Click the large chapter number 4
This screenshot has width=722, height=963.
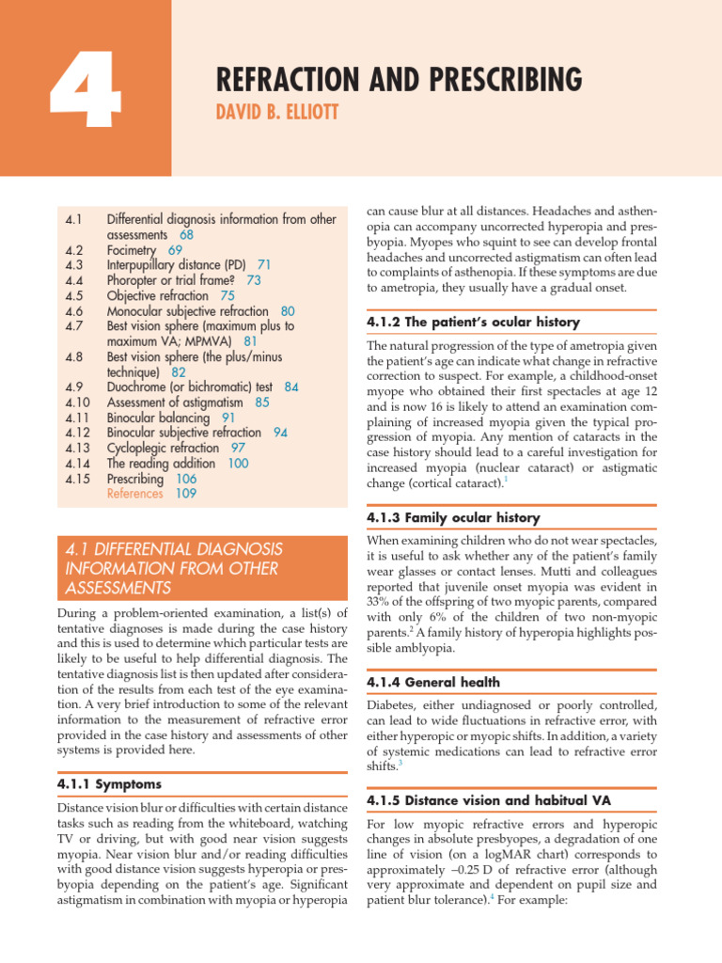point(85,91)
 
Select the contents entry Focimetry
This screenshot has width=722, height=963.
point(133,250)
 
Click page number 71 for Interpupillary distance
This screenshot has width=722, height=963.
point(264,265)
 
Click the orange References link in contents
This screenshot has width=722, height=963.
point(135,493)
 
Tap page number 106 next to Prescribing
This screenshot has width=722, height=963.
point(187,478)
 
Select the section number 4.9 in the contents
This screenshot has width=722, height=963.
point(75,387)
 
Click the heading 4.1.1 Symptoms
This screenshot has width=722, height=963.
point(110,783)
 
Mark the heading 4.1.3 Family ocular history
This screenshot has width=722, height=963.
point(453,518)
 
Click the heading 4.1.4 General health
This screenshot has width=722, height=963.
point(433,682)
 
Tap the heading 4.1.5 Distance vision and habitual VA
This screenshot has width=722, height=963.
point(488,799)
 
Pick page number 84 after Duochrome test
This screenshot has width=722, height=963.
point(291,387)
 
